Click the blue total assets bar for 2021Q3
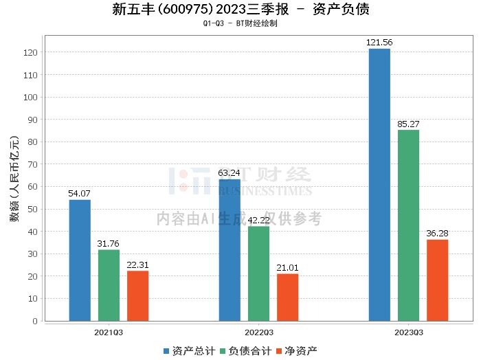click(80, 260)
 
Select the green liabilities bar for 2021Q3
click(109, 285)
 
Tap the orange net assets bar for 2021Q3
click(137, 295)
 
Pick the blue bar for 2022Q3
click(230, 250)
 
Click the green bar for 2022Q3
click(258, 273)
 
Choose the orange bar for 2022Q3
click(287, 297)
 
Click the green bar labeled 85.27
click(408, 225)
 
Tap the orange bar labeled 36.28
click(437, 280)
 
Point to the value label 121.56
click(379, 43)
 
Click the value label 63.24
click(230, 173)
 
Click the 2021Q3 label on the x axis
click(109, 332)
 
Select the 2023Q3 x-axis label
click(408, 332)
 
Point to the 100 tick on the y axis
click(33, 97)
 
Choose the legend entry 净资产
click(296, 350)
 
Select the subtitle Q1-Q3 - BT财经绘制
click(240, 23)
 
